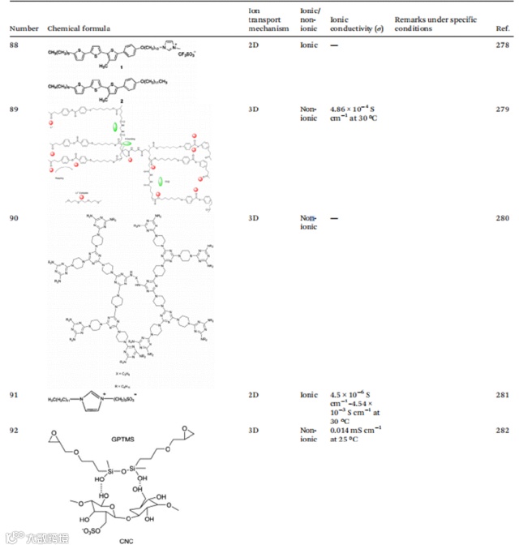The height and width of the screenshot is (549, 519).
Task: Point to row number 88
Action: pyautogui.click(x=16, y=45)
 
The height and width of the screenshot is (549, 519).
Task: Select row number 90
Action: pyautogui.click(x=16, y=218)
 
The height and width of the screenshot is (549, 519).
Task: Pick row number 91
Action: pyautogui.click(x=16, y=395)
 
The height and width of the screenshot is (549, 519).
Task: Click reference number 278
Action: pyautogui.click(x=502, y=45)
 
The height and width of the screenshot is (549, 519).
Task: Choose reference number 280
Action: pyautogui.click(x=502, y=218)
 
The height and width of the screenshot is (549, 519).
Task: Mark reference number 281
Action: pyautogui.click(x=502, y=395)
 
